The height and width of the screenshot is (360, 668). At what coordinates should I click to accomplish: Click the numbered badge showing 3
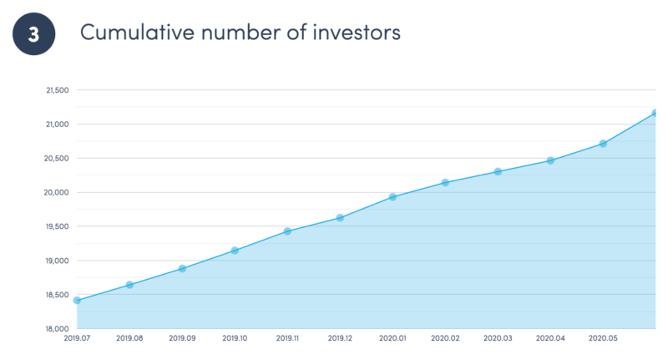(33, 33)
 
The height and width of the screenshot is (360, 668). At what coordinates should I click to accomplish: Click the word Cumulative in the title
(137, 33)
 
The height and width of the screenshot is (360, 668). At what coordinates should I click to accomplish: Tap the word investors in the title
(357, 33)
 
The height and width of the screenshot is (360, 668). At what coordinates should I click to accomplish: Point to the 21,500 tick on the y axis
(58, 90)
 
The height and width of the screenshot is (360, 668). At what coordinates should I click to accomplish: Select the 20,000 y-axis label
(56, 193)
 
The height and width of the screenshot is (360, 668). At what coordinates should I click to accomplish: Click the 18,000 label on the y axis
(57, 329)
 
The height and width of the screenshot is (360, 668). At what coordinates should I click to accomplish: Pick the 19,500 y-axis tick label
(57, 226)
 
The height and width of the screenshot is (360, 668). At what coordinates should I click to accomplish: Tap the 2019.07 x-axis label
(77, 338)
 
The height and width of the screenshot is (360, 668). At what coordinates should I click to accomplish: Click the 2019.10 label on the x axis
(235, 338)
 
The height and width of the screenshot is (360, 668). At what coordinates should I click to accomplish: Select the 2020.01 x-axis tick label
(392, 338)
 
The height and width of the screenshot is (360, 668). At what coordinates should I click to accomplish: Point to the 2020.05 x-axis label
(603, 338)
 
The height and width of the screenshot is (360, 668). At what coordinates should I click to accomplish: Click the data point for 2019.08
(129, 285)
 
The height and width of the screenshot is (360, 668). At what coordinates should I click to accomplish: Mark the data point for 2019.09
(182, 268)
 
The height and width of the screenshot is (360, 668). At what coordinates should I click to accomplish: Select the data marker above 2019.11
(287, 231)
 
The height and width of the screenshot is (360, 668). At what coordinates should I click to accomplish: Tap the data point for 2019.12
(340, 218)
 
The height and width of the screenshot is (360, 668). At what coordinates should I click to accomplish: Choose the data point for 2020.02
(445, 183)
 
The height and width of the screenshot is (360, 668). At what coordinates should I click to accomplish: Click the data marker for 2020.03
(498, 172)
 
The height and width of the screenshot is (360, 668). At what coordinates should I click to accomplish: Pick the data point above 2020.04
(550, 160)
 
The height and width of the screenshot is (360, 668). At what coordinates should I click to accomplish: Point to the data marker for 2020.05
(603, 144)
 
